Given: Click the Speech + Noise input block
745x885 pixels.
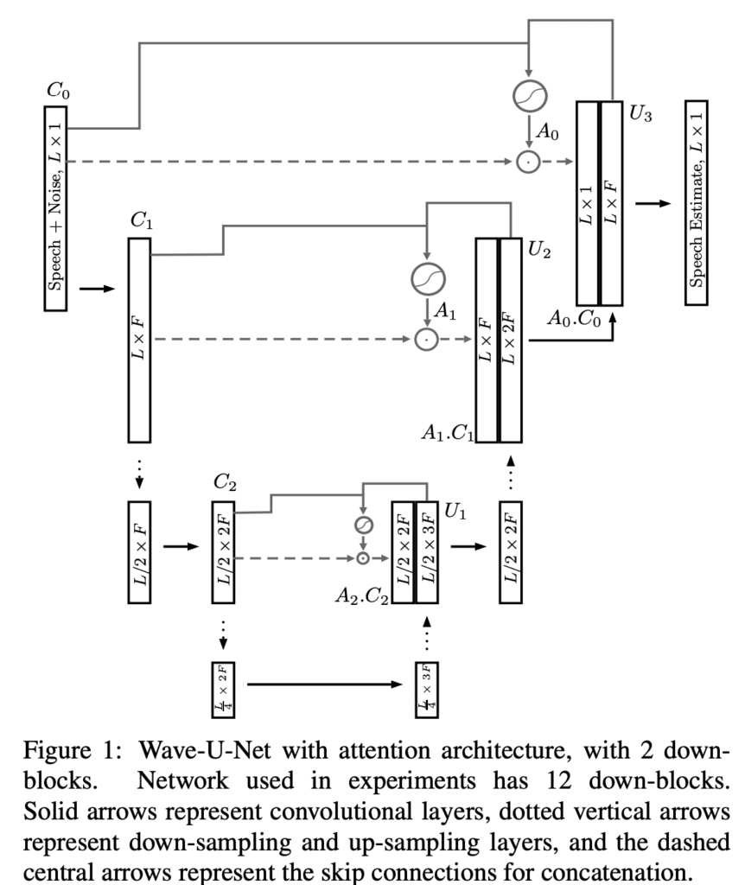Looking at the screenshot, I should click(x=55, y=208).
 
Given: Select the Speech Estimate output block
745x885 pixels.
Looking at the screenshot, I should click(x=695, y=203).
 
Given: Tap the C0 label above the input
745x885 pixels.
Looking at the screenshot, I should click(x=57, y=88).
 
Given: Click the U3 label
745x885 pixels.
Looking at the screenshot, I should click(x=640, y=113).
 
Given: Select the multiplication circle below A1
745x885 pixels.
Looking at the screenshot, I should click(x=426, y=340).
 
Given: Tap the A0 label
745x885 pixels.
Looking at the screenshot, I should click(x=548, y=132).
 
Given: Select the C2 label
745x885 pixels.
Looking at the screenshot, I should click(x=226, y=481).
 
